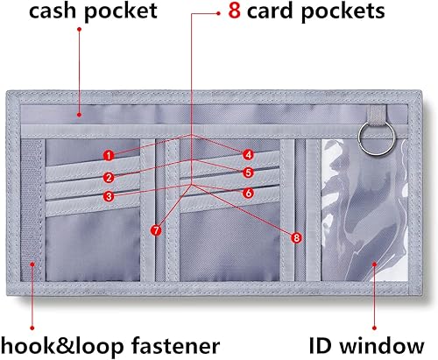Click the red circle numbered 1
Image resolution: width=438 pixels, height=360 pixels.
pos(108,155)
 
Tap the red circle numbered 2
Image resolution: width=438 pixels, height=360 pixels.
pos(108,176)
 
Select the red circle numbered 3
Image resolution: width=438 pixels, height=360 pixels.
pos(108,196)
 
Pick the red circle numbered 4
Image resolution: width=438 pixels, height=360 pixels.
pos(249,154)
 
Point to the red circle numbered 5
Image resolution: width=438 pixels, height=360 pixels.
pos(249,173)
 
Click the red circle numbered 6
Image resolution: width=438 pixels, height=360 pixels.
pos(249,193)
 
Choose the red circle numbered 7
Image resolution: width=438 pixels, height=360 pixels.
pos(156,231)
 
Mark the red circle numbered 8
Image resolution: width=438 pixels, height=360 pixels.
pos(296,236)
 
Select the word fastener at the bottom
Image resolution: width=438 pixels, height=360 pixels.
pos(173,342)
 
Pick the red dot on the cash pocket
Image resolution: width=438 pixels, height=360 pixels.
pos(79,112)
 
